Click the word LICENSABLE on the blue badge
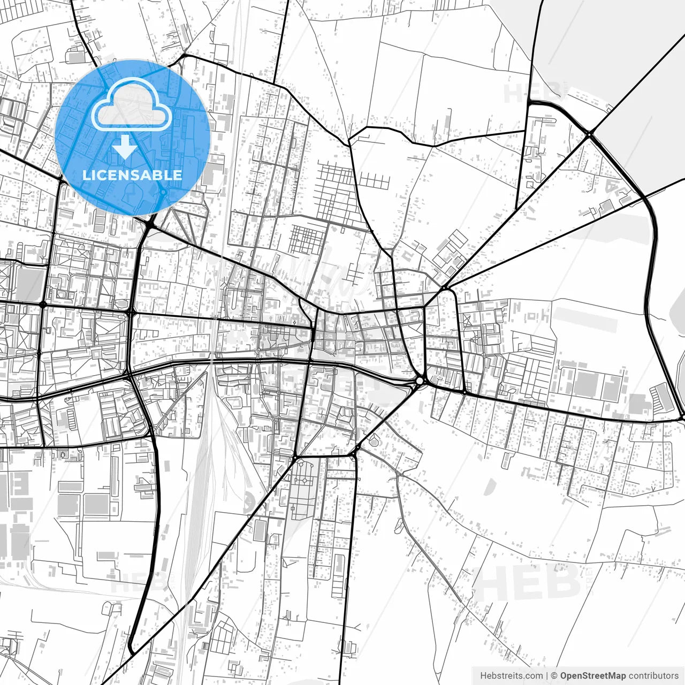132,175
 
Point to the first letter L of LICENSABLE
86,175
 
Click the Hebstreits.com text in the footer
511,676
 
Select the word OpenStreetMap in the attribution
593,676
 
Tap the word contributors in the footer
653,676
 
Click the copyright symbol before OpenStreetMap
554,676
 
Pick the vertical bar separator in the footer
547,676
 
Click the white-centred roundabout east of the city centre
420,380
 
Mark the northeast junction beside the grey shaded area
588,134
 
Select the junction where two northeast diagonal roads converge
445,288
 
